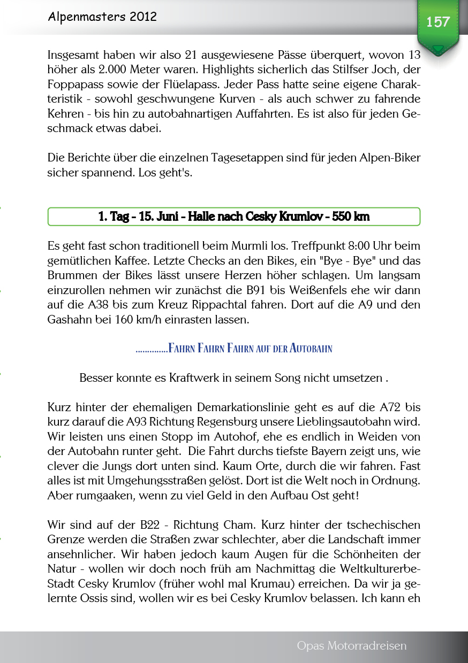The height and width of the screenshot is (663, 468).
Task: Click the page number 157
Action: click(437, 22)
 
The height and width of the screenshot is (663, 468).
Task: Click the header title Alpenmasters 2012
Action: click(102, 17)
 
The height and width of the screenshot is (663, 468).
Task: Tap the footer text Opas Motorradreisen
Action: click(351, 646)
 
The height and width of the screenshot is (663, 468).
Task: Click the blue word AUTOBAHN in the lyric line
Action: click(311, 349)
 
